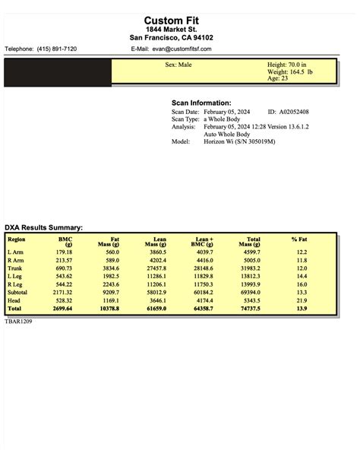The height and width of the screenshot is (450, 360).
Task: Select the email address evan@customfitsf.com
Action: [182, 49]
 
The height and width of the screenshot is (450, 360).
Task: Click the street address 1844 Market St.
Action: [179, 29]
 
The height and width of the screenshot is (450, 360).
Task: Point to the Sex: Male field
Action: [180, 65]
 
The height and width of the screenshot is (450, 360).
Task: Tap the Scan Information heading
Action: [201, 103]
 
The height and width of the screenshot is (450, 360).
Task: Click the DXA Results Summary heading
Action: [43, 227]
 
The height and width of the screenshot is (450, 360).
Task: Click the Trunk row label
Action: [15, 268]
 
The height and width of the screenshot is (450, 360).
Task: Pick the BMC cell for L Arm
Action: [64, 252]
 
